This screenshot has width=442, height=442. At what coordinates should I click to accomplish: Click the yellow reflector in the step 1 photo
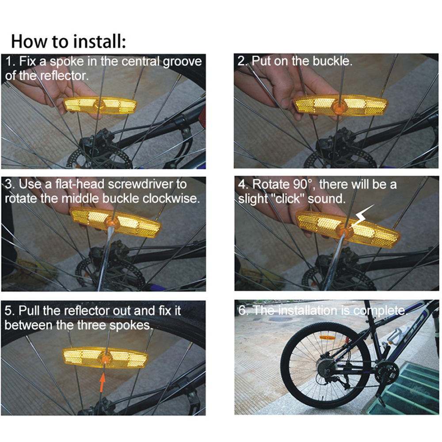(100, 105)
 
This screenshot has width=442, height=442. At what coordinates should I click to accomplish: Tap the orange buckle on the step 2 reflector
(339, 106)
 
